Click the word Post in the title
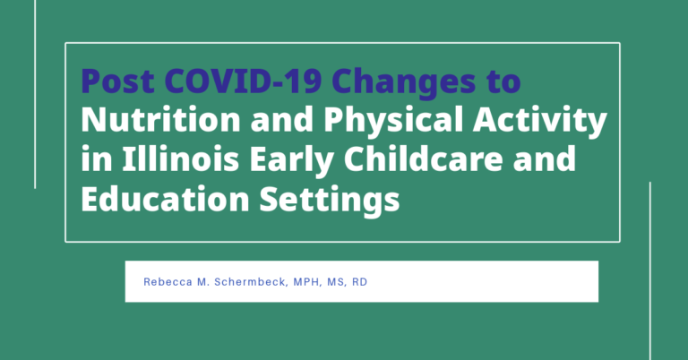pyautogui.click(x=117, y=81)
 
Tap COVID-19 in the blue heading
pyautogui.click(x=243, y=81)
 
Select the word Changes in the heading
pyautogui.click(x=404, y=83)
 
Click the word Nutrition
pyautogui.click(x=160, y=119)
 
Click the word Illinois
pyautogui.click(x=180, y=158)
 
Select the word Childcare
pyautogui.click(x=424, y=158)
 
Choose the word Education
pyautogui.click(x=165, y=198)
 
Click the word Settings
pyautogui.click(x=330, y=201)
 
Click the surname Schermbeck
pyautogui.click(x=251, y=282)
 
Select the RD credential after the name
pyautogui.click(x=360, y=282)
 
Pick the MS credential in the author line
pyautogui.click(x=337, y=282)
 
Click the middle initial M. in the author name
pyautogui.click(x=202, y=282)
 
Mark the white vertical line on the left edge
pyautogui.click(x=35, y=94)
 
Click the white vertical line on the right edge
pyautogui.click(x=649, y=271)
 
